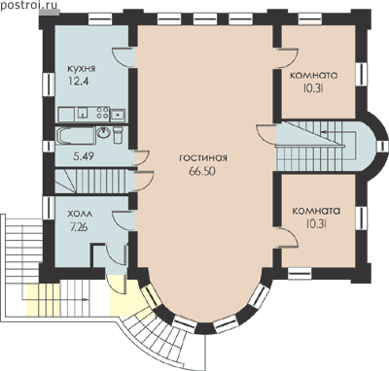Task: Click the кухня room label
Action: pos(82,69)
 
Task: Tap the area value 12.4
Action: pos(78,81)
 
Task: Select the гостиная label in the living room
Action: pos(203,158)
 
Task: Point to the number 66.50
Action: pos(202,172)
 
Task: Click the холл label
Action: pos(80,215)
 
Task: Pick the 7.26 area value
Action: pos(79,227)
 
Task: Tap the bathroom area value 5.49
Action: pos(84,156)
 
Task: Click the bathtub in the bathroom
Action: pos(76,136)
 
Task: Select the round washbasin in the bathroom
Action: pos(104,133)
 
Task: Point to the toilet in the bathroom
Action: pos(118,135)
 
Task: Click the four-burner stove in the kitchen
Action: pos(103,113)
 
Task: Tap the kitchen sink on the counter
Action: pos(118,115)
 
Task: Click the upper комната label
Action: pos(313,75)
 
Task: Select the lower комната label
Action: pos(316,211)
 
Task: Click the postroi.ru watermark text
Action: pos(29,5)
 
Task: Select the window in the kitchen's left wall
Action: pos(49,84)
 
